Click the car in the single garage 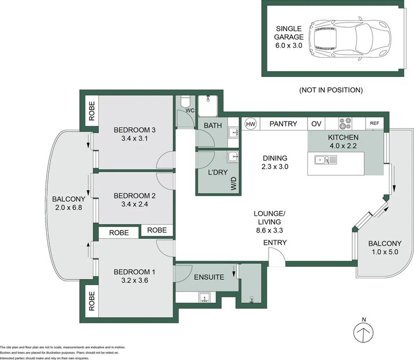click(350, 39)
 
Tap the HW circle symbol click(251, 124)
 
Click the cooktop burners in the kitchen click(346, 123)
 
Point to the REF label click(374, 123)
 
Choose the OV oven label click(316, 124)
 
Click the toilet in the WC click(185, 102)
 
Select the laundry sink click(233, 157)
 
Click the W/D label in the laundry click(234, 184)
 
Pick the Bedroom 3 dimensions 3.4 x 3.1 click(134, 139)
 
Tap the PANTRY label click(283, 124)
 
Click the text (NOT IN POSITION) click(331, 90)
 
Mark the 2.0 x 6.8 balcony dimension click(68, 208)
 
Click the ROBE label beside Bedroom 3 click(92, 111)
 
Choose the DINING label click(275, 158)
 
